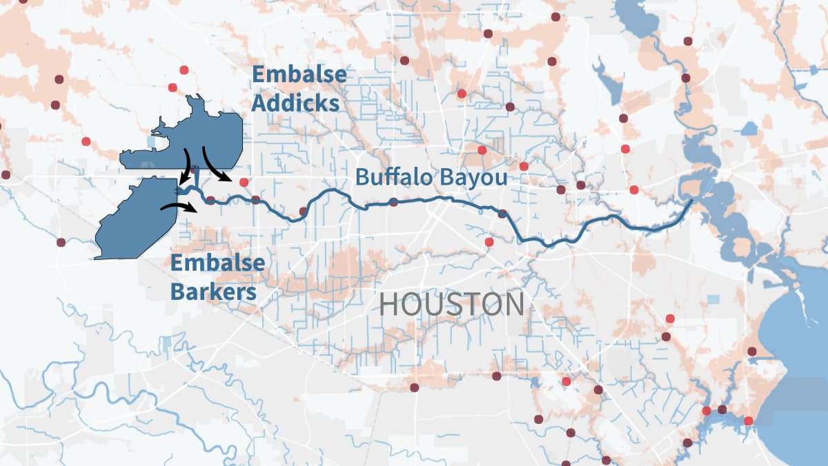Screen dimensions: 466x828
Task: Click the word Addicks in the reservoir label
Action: pos(295,103)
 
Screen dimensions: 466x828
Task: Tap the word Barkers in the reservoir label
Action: pos(213,292)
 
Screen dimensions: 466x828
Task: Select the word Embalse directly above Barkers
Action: pos(217,263)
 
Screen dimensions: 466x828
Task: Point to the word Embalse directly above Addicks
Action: pos(299,74)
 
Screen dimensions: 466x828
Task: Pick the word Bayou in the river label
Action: pos(475,177)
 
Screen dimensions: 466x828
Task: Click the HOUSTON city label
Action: pos(451,304)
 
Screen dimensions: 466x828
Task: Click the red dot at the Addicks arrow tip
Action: pos(243,183)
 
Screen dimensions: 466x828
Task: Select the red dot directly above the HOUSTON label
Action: pos(489,242)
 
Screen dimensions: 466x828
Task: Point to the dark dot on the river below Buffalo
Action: pos(393,202)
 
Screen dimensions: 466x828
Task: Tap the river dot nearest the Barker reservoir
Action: pos(210,201)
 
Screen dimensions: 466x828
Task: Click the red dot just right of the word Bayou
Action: pos(524,166)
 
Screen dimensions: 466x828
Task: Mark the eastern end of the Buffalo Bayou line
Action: pos(691,201)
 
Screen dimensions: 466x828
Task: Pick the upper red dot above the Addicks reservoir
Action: pos(184,70)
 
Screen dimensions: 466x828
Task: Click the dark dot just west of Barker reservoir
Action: pos(61,242)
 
